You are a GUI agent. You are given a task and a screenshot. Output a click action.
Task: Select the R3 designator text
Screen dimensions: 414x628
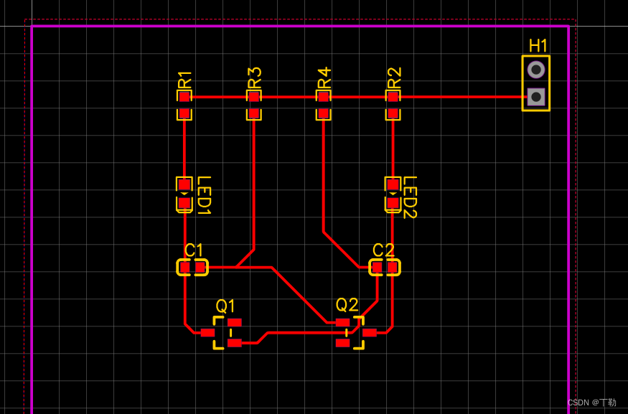click(254, 77)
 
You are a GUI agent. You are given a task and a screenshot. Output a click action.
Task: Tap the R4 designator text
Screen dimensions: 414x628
click(324, 77)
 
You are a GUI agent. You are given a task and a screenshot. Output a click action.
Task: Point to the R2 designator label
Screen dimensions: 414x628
click(393, 77)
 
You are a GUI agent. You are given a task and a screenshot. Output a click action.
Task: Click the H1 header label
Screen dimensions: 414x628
click(538, 46)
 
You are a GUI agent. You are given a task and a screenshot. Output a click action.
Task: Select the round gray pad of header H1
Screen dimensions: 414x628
click(535, 70)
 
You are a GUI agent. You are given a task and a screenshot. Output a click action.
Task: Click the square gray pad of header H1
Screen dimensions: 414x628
click(535, 96)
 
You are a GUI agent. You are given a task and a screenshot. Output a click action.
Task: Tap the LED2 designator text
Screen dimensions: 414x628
click(410, 197)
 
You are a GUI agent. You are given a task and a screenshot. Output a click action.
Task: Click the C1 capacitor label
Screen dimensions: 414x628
click(194, 250)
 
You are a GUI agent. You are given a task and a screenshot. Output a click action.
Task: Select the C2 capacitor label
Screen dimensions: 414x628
click(383, 250)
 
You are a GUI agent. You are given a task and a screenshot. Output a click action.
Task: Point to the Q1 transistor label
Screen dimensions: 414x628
click(225, 306)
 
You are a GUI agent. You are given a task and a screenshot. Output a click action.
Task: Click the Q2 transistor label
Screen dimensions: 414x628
click(347, 304)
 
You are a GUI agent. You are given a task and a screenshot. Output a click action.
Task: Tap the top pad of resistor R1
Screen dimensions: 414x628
click(184, 96)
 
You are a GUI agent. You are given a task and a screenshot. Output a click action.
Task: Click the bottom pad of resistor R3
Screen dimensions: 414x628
click(254, 113)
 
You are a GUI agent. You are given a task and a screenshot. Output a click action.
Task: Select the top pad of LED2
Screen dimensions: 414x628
click(393, 184)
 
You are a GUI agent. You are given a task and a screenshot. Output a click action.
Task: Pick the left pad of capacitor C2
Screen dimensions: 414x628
click(377, 268)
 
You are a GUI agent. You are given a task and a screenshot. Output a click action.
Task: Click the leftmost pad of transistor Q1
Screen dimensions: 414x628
click(207, 332)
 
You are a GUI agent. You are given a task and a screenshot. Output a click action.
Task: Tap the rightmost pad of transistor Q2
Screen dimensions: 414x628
click(370, 332)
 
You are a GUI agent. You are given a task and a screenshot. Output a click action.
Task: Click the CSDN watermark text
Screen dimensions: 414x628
click(591, 403)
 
